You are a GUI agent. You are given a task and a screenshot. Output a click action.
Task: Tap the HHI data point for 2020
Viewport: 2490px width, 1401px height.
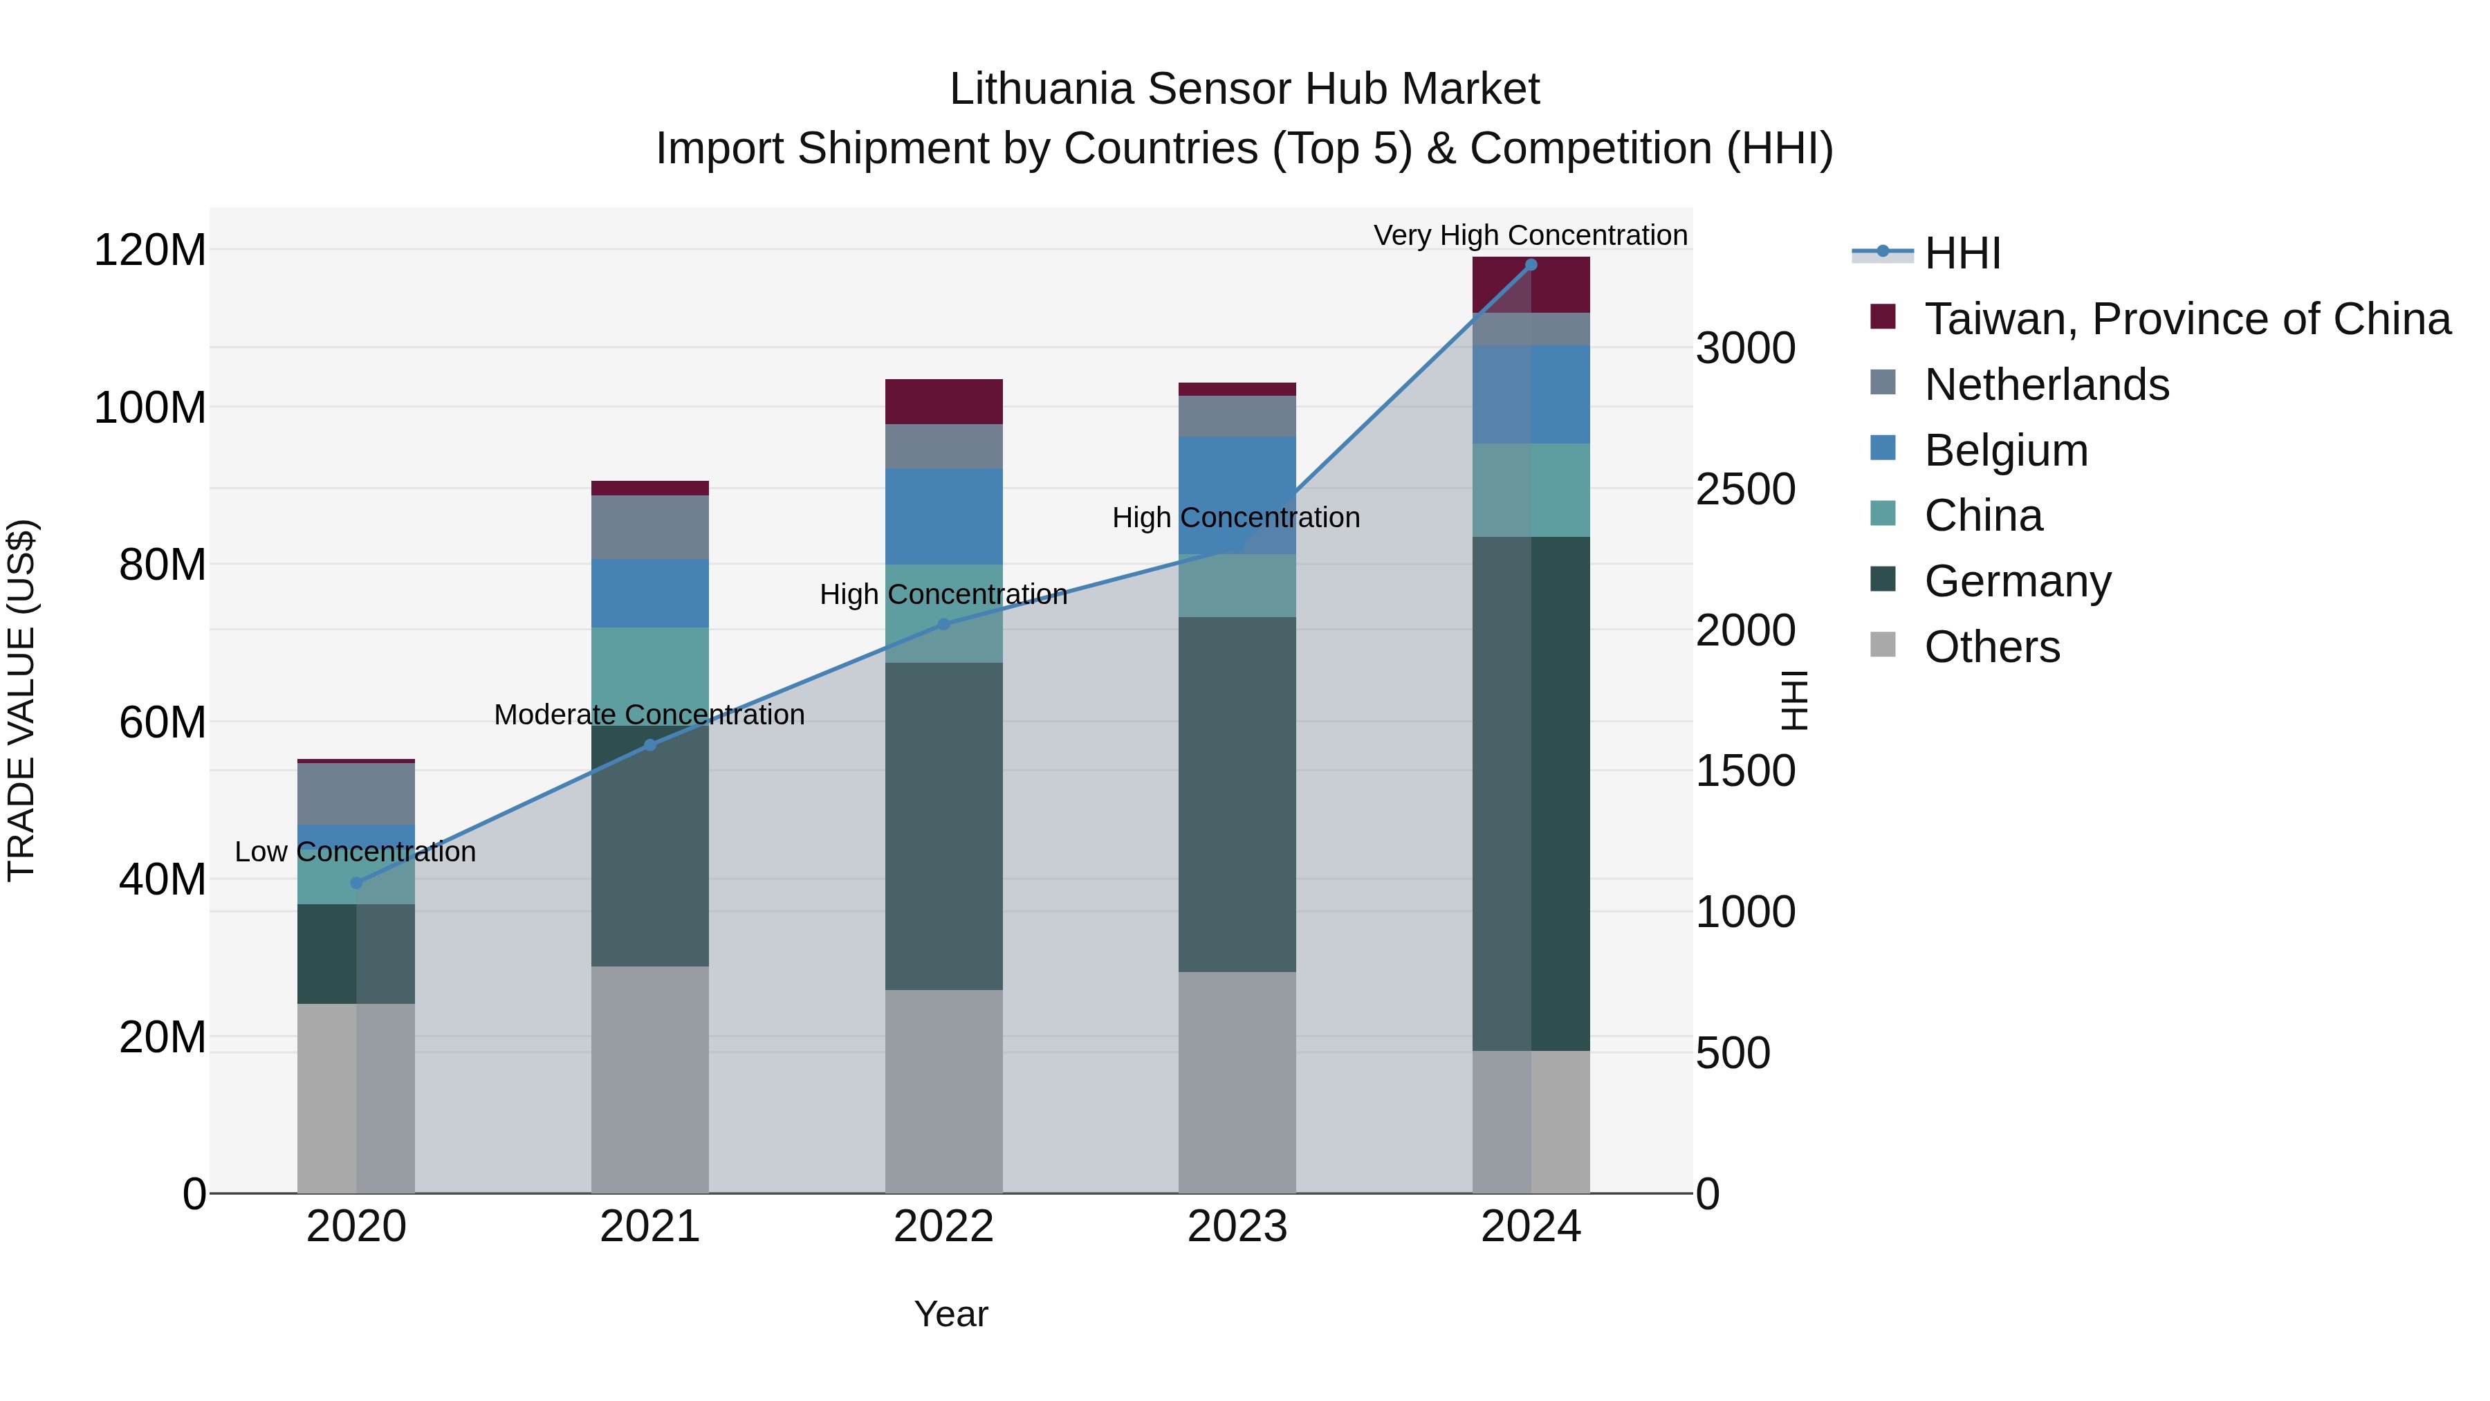(356, 883)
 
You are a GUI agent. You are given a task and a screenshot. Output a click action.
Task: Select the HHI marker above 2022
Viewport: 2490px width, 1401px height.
(943, 625)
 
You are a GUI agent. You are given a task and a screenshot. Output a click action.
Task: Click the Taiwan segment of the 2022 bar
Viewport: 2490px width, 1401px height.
(943, 401)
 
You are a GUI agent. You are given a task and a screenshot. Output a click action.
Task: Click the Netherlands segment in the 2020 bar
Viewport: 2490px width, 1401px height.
(356, 793)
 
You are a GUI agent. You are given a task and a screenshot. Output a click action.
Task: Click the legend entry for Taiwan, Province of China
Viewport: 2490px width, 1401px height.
(2186, 319)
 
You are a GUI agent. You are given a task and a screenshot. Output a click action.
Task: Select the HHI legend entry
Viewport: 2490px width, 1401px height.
(1962, 253)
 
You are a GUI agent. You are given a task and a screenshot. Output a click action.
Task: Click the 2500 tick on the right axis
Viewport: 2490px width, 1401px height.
(1745, 489)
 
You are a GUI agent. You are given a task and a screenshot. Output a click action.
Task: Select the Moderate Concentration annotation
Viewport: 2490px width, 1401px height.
(649, 715)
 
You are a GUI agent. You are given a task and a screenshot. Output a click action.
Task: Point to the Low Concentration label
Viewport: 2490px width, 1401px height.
(355, 852)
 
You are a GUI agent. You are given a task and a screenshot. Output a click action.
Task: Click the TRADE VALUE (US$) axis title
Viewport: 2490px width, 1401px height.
(21, 700)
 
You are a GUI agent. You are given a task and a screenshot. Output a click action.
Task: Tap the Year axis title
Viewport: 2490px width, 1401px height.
(950, 1314)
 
